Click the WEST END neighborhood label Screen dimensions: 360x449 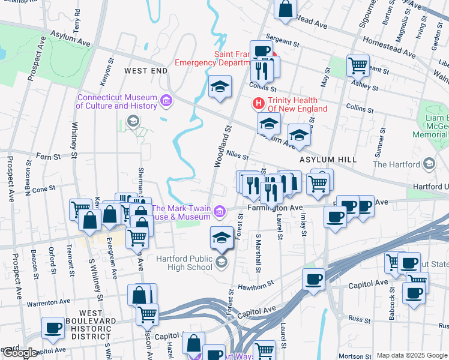coord(145,71)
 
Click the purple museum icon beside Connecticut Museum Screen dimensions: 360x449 coord(166,102)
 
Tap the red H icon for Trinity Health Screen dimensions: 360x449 coord(259,104)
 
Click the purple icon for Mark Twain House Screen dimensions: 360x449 coord(220,211)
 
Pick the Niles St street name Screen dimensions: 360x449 coord(237,155)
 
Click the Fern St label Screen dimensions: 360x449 coord(49,157)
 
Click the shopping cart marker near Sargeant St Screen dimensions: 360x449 coord(358,65)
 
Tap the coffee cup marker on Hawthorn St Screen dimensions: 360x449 coord(313,279)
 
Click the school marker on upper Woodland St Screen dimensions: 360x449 coord(220,87)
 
